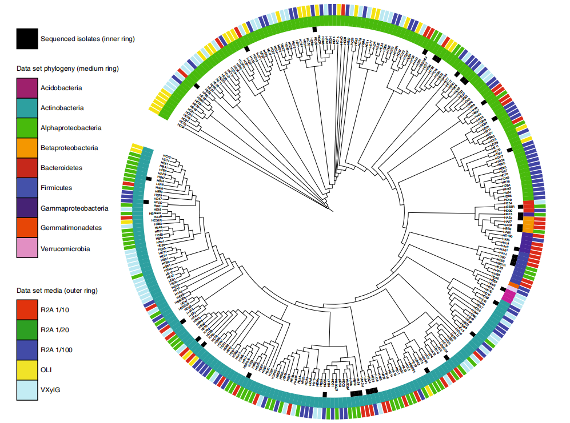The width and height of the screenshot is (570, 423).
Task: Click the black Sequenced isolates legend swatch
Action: pyautogui.click(x=27, y=39)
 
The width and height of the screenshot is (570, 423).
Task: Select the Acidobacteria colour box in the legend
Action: pyautogui.click(x=27, y=88)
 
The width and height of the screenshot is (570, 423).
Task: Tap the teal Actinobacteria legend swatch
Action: pyautogui.click(x=27, y=108)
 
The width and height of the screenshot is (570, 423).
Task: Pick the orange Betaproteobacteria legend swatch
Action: pyautogui.click(x=27, y=148)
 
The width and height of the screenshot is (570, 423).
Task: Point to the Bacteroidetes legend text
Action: pyautogui.click(x=61, y=168)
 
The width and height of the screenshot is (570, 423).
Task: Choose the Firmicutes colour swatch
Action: pyautogui.click(x=27, y=188)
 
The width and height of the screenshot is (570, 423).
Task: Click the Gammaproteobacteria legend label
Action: pyautogui.click(x=74, y=208)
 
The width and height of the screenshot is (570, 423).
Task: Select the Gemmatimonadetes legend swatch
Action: pyautogui.click(x=27, y=228)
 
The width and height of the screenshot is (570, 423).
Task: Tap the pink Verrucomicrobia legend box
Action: pyautogui.click(x=27, y=248)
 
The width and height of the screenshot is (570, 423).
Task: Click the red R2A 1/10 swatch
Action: pyautogui.click(x=27, y=310)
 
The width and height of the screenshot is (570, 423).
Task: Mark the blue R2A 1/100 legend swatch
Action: pyautogui.click(x=27, y=350)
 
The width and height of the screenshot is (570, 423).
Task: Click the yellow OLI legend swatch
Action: pyautogui.click(x=27, y=370)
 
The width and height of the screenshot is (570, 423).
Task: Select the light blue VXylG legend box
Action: pyautogui.click(x=27, y=390)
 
